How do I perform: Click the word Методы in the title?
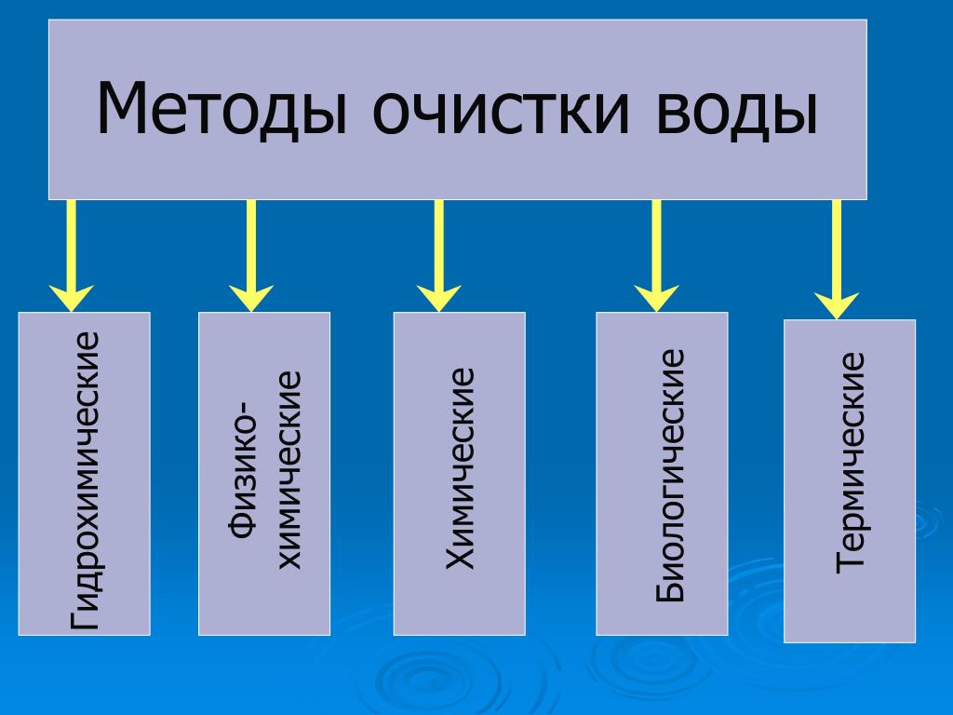(221, 108)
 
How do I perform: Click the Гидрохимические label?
(85, 479)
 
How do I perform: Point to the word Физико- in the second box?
(242, 469)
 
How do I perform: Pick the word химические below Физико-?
(289, 469)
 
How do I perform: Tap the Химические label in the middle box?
(460, 468)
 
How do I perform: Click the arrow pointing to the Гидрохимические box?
(71, 256)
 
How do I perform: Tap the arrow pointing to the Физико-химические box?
(251, 256)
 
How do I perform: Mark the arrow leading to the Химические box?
(439, 256)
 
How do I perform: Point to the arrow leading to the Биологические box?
(656, 256)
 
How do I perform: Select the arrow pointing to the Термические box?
(837, 260)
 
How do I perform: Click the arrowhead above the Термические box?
(837, 305)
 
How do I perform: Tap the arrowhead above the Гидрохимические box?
(71, 299)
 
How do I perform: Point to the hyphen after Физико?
(245, 406)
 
